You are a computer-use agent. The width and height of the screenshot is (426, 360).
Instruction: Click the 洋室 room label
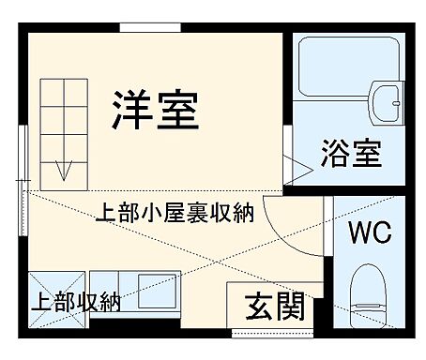point(156,110)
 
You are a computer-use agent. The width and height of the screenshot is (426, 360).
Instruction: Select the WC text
point(371,232)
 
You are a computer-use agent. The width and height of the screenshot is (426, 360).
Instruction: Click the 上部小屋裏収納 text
point(175,214)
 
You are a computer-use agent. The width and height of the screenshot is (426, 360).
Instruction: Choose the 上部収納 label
point(76,302)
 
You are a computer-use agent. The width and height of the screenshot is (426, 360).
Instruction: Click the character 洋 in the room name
point(131,110)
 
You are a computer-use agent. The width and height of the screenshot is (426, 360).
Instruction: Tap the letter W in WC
point(359,232)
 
